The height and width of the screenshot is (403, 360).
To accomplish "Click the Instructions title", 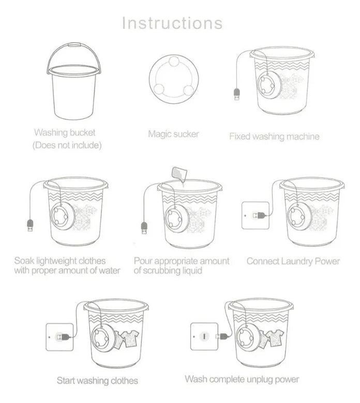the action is pyautogui.click(x=172, y=23).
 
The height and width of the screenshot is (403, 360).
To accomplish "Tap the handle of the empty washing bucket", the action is pyautogui.click(x=74, y=46).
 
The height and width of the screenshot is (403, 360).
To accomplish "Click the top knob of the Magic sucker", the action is pyautogui.click(x=174, y=61).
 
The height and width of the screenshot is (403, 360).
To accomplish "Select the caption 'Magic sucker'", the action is pyautogui.click(x=173, y=134).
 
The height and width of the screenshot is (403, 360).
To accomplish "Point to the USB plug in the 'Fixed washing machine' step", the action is pyautogui.click(x=237, y=95).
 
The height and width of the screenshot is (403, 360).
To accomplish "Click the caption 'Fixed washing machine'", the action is pyautogui.click(x=274, y=136).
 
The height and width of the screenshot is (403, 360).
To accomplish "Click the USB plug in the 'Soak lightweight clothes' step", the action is pyautogui.click(x=30, y=225).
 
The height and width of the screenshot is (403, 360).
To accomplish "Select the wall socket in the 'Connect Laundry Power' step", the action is pyautogui.click(x=256, y=215).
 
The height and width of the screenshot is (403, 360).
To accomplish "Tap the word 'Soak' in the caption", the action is pyautogui.click(x=24, y=261).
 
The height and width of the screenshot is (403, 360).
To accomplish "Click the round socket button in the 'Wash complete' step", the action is pyautogui.click(x=205, y=336).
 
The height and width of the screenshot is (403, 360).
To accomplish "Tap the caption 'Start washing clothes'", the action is pyautogui.click(x=97, y=381).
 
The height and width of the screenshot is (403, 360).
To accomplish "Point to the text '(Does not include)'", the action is pyautogui.click(x=67, y=145).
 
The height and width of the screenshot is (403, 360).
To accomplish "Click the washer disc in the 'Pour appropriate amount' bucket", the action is pyautogui.click(x=176, y=218).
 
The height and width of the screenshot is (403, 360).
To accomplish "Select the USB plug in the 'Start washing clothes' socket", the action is pyautogui.click(x=64, y=336).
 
